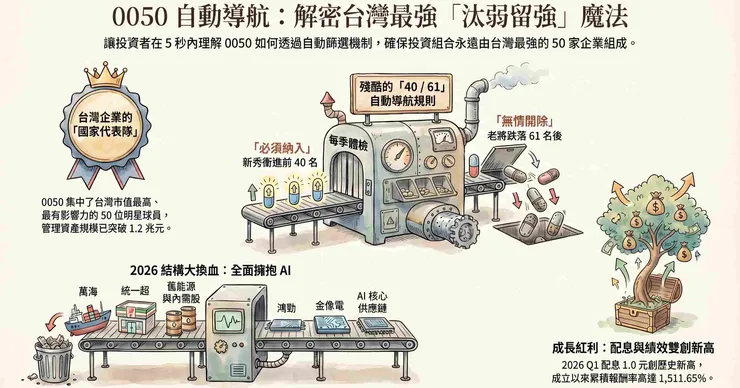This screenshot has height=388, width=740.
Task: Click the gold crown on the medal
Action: pos(106,76)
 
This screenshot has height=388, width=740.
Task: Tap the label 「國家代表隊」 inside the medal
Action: pos(106,131)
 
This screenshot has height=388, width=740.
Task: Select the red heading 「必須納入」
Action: pos(281,148)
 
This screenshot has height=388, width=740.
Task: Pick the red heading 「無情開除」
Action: pos(524,120)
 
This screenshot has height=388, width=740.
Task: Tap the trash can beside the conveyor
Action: pos(53,360)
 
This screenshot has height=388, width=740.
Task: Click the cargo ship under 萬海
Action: pos(88,319)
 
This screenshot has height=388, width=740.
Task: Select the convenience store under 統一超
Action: pos(136,315)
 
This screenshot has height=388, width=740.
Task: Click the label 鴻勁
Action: pos(286,308)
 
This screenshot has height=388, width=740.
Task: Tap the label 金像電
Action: pos(330,306)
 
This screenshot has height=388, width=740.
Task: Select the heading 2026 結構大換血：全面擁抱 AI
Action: pos(210,270)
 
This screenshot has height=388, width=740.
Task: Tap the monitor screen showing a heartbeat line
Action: pos(229,322)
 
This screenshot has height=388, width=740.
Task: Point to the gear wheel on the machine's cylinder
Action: pos(465,230)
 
